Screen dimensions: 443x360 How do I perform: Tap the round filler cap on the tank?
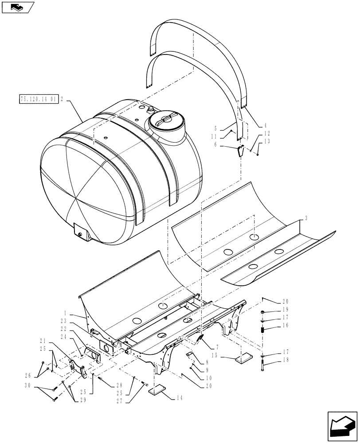tap(164, 120)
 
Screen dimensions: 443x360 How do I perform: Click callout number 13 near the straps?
tap(266, 141)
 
